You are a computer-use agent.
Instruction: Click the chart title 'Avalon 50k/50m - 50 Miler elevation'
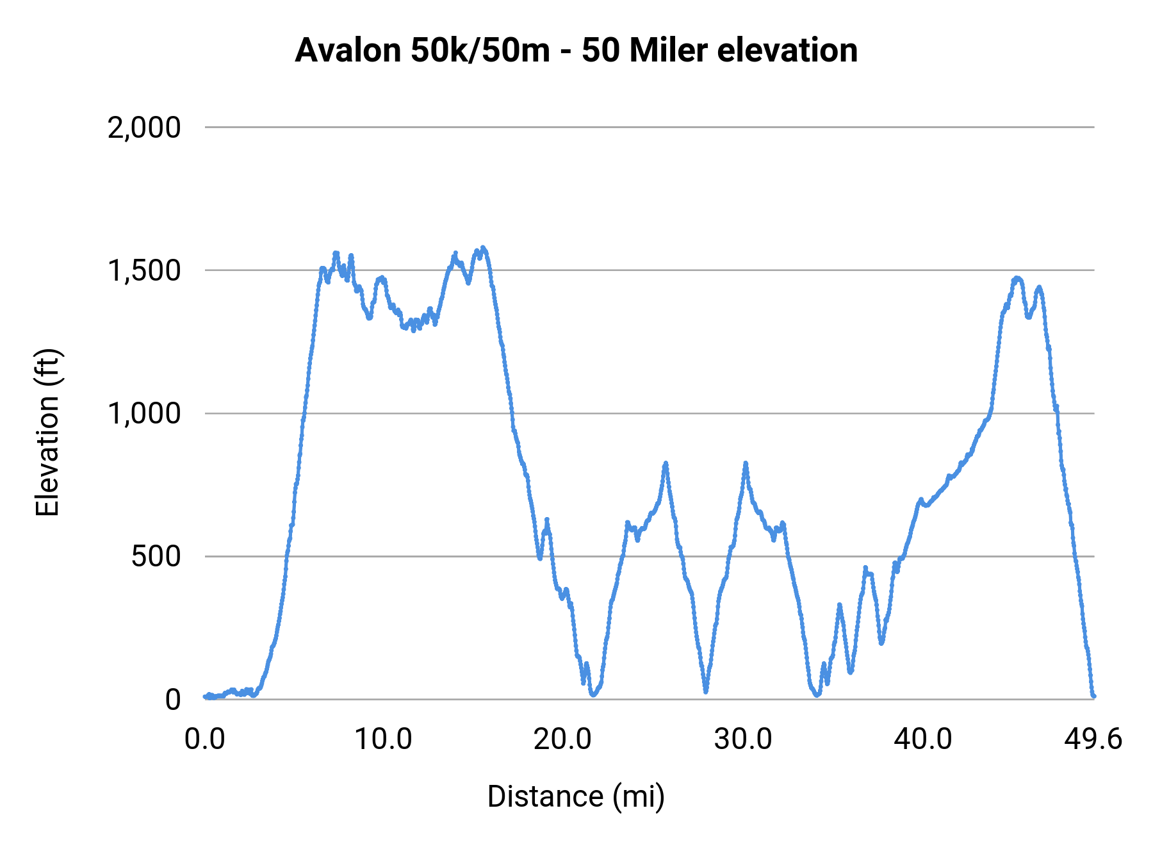(x=576, y=51)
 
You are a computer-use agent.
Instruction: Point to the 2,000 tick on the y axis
(x=144, y=128)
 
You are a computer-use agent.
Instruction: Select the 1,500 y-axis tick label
(x=144, y=270)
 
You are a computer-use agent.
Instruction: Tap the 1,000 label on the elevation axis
(x=144, y=413)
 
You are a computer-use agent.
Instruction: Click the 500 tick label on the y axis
(x=156, y=556)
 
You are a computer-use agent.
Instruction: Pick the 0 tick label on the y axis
(x=173, y=700)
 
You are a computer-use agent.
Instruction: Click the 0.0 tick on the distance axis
(x=205, y=739)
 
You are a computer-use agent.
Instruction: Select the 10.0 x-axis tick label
(x=383, y=739)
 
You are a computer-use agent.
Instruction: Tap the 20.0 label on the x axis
(x=563, y=739)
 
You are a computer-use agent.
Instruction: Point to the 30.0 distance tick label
(x=743, y=739)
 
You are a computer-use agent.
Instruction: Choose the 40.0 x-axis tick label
(x=923, y=739)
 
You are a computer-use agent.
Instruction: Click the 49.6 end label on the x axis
(x=1093, y=739)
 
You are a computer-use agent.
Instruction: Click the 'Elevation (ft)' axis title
(x=47, y=432)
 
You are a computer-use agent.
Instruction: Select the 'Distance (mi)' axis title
(x=576, y=796)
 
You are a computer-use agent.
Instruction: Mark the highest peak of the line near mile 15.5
(x=483, y=247)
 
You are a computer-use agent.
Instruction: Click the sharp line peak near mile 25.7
(x=666, y=463)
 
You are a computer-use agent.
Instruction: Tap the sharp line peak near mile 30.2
(x=746, y=463)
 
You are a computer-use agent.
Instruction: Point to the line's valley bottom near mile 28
(x=706, y=691)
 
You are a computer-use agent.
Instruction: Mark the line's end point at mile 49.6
(x=1093, y=696)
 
